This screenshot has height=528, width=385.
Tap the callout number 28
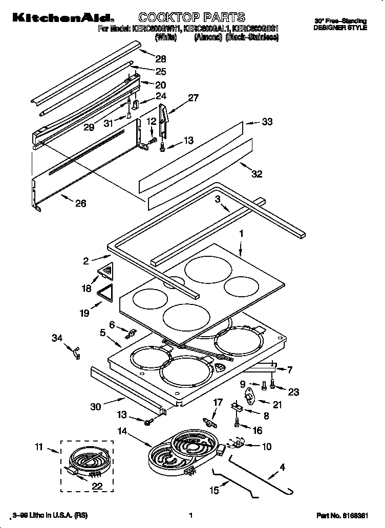pos(161,59)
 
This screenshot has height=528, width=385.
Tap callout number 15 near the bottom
pos(214,491)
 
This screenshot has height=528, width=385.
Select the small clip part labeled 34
pos(77,353)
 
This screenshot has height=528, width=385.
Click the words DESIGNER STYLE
pos(340,28)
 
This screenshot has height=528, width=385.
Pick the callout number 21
pos(277,405)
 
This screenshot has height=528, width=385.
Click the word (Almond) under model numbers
pos(207,37)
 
